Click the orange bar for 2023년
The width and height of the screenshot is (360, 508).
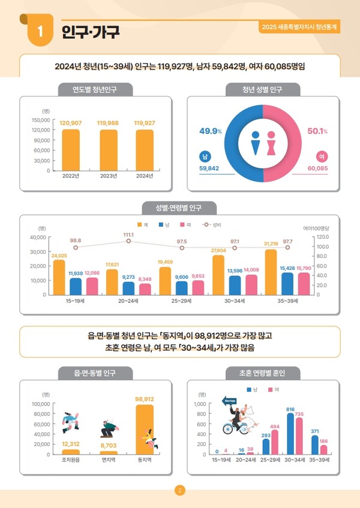[109, 150]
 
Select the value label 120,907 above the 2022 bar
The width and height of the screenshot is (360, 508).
[71, 123]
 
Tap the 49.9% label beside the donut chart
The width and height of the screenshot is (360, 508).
[211, 131]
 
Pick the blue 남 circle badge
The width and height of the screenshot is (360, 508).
[205, 157]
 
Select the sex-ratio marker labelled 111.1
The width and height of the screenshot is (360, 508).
[128, 241]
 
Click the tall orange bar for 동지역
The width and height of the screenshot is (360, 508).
[145, 429]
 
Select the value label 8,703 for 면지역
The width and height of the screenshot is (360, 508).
[109, 446]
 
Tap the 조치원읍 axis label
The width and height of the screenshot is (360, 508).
[71, 460]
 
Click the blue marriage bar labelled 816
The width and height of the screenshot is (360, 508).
[290, 433]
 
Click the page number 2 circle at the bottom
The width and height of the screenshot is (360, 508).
[179, 491]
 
